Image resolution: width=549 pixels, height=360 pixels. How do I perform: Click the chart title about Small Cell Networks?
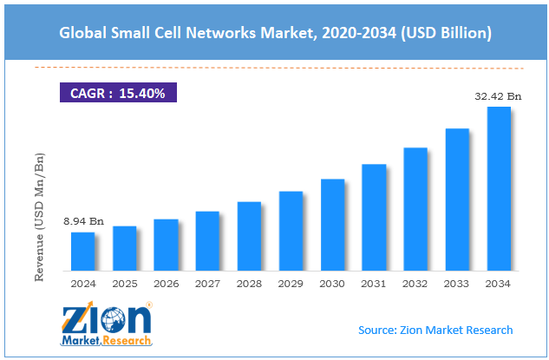point(274,34)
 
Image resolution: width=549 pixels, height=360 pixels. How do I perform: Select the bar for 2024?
point(83,252)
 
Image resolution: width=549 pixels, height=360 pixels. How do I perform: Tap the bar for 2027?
point(208,241)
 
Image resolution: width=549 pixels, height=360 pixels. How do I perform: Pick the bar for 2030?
point(333,225)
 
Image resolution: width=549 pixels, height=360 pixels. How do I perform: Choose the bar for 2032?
point(415,209)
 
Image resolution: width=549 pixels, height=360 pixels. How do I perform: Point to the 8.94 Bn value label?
point(83,222)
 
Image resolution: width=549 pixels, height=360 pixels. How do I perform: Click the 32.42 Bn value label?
point(498,96)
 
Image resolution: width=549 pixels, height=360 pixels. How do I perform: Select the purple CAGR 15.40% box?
point(118,92)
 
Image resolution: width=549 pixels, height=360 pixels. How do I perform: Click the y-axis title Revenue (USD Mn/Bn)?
point(40,218)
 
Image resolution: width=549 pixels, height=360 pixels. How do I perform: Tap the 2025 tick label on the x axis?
point(125,283)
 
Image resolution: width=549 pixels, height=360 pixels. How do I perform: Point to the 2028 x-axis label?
point(250,283)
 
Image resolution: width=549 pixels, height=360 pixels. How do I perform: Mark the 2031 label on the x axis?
point(374,283)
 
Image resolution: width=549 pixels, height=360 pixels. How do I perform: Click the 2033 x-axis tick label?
point(457,283)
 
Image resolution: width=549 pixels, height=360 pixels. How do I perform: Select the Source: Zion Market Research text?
point(435,330)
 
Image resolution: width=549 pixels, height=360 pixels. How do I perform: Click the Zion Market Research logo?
point(107,326)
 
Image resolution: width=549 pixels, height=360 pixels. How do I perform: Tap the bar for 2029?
point(291,231)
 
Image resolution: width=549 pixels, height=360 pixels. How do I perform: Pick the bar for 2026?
point(167,245)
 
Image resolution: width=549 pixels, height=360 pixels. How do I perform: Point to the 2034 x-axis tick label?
point(499,283)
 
